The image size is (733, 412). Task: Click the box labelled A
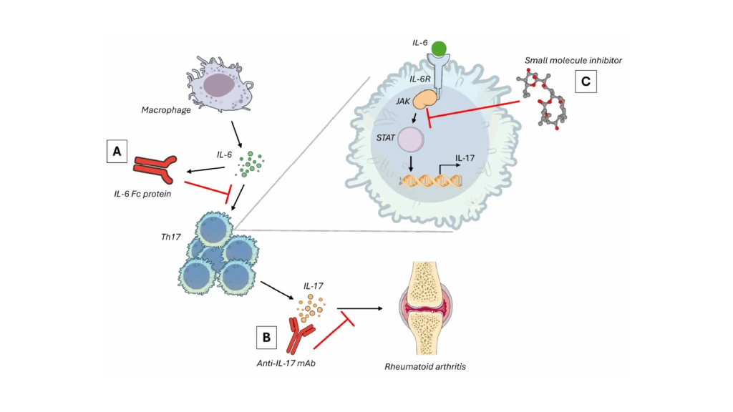[x=117, y=151]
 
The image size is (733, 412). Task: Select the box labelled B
[x=266, y=337]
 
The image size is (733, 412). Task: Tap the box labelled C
[x=586, y=82]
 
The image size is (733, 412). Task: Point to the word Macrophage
[x=166, y=110]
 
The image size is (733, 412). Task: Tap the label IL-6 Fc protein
[x=142, y=194]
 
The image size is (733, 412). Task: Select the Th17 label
[x=170, y=237]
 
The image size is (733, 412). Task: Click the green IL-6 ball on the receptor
[x=439, y=49]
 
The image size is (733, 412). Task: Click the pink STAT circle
[x=411, y=139]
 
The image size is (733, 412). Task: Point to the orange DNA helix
[x=431, y=181]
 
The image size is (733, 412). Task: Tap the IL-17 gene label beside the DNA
[x=465, y=158]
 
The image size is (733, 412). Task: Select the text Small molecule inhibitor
[x=573, y=60]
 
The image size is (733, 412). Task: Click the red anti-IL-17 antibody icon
[x=300, y=336]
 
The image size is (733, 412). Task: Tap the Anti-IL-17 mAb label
[x=286, y=363]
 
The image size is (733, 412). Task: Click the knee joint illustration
[x=425, y=308]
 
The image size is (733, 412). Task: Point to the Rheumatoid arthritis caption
[x=425, y=367]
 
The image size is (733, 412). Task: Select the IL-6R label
[x=419, y=79]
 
